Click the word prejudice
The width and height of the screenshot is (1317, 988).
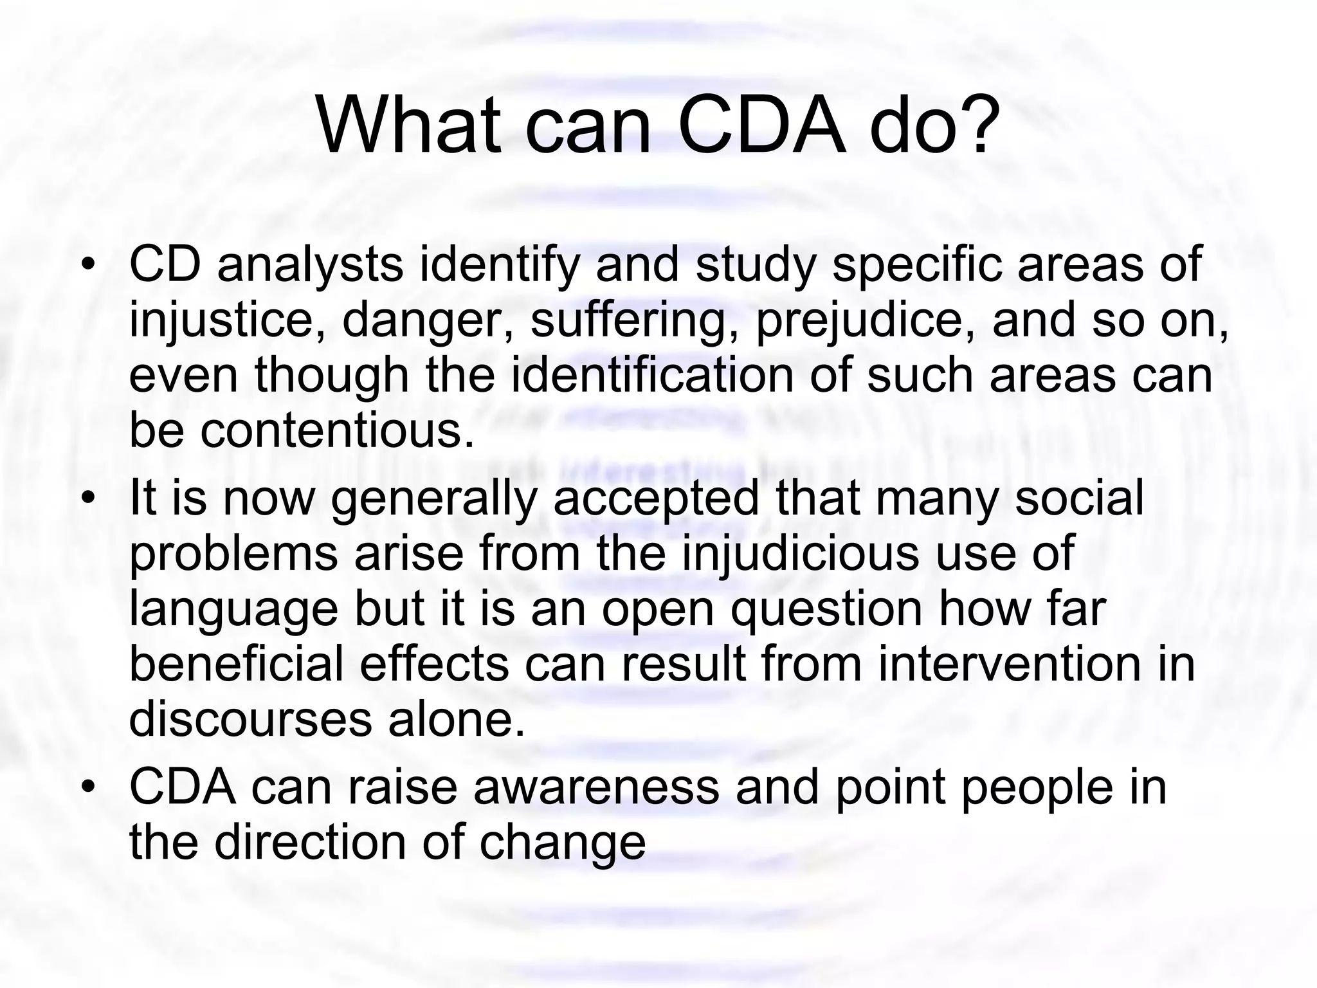865,320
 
